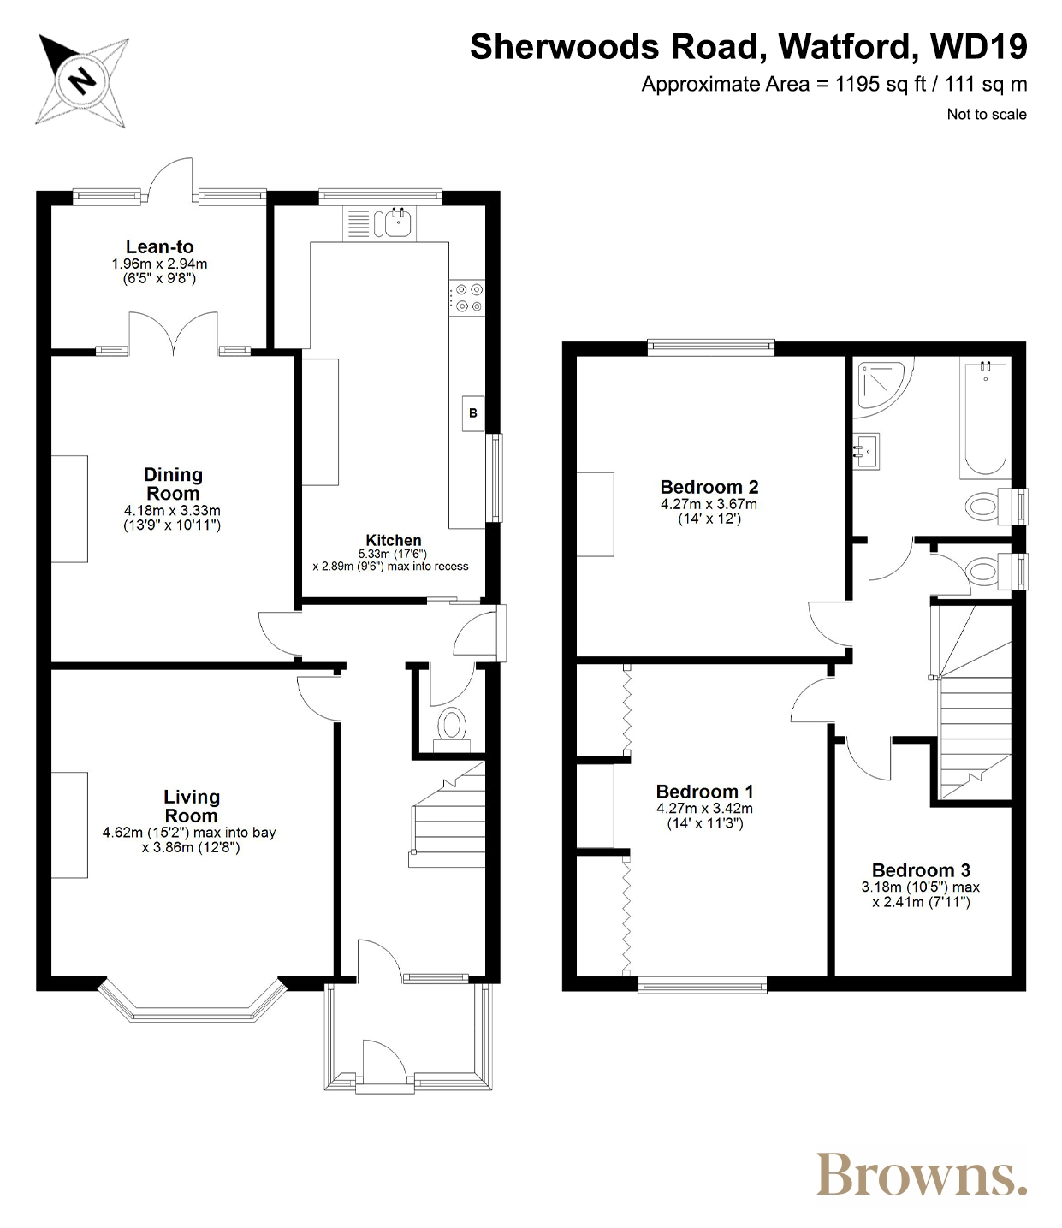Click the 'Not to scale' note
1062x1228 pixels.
pyautogui.click(x=987, y=114)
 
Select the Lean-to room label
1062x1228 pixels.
pyautogui.click(x=160, y=246)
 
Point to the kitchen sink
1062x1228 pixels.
pyautogui.click(x=397, y=222)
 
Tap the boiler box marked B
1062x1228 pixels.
pyautogui.click(x=472, y=412)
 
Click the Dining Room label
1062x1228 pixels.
pyautogui.click(x=173, y=483)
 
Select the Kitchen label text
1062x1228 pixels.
pyautogui.click(x=393, y=540)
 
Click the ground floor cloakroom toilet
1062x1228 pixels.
pyautogui.click(x=453, y=730)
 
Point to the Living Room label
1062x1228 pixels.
pyautogui.click(x=191, y=805)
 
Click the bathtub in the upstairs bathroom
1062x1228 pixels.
pyautogui.click(x=985, y=418)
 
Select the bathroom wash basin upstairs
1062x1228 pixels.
pyautogui.click(x=866, y=452)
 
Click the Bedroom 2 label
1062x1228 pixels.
pyautogui.click(x=709, y=487)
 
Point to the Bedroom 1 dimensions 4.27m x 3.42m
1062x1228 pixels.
pyautogui.click(x=704, y=809)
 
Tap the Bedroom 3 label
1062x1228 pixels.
pyautogui.click(x=921, y=870)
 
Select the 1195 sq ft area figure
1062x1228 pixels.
pyautogui.click(x=881, y=85)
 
